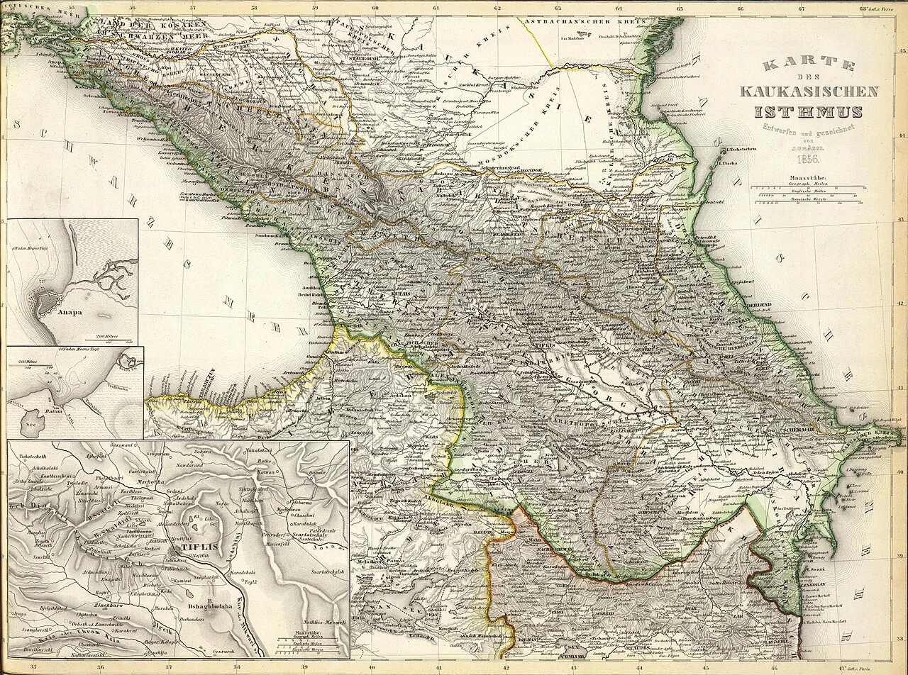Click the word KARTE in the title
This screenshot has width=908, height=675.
[809, 66]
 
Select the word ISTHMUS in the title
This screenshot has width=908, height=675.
[809, 111]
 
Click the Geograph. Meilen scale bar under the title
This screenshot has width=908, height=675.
[808, 185]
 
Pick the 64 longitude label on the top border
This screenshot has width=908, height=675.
[619, 9]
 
